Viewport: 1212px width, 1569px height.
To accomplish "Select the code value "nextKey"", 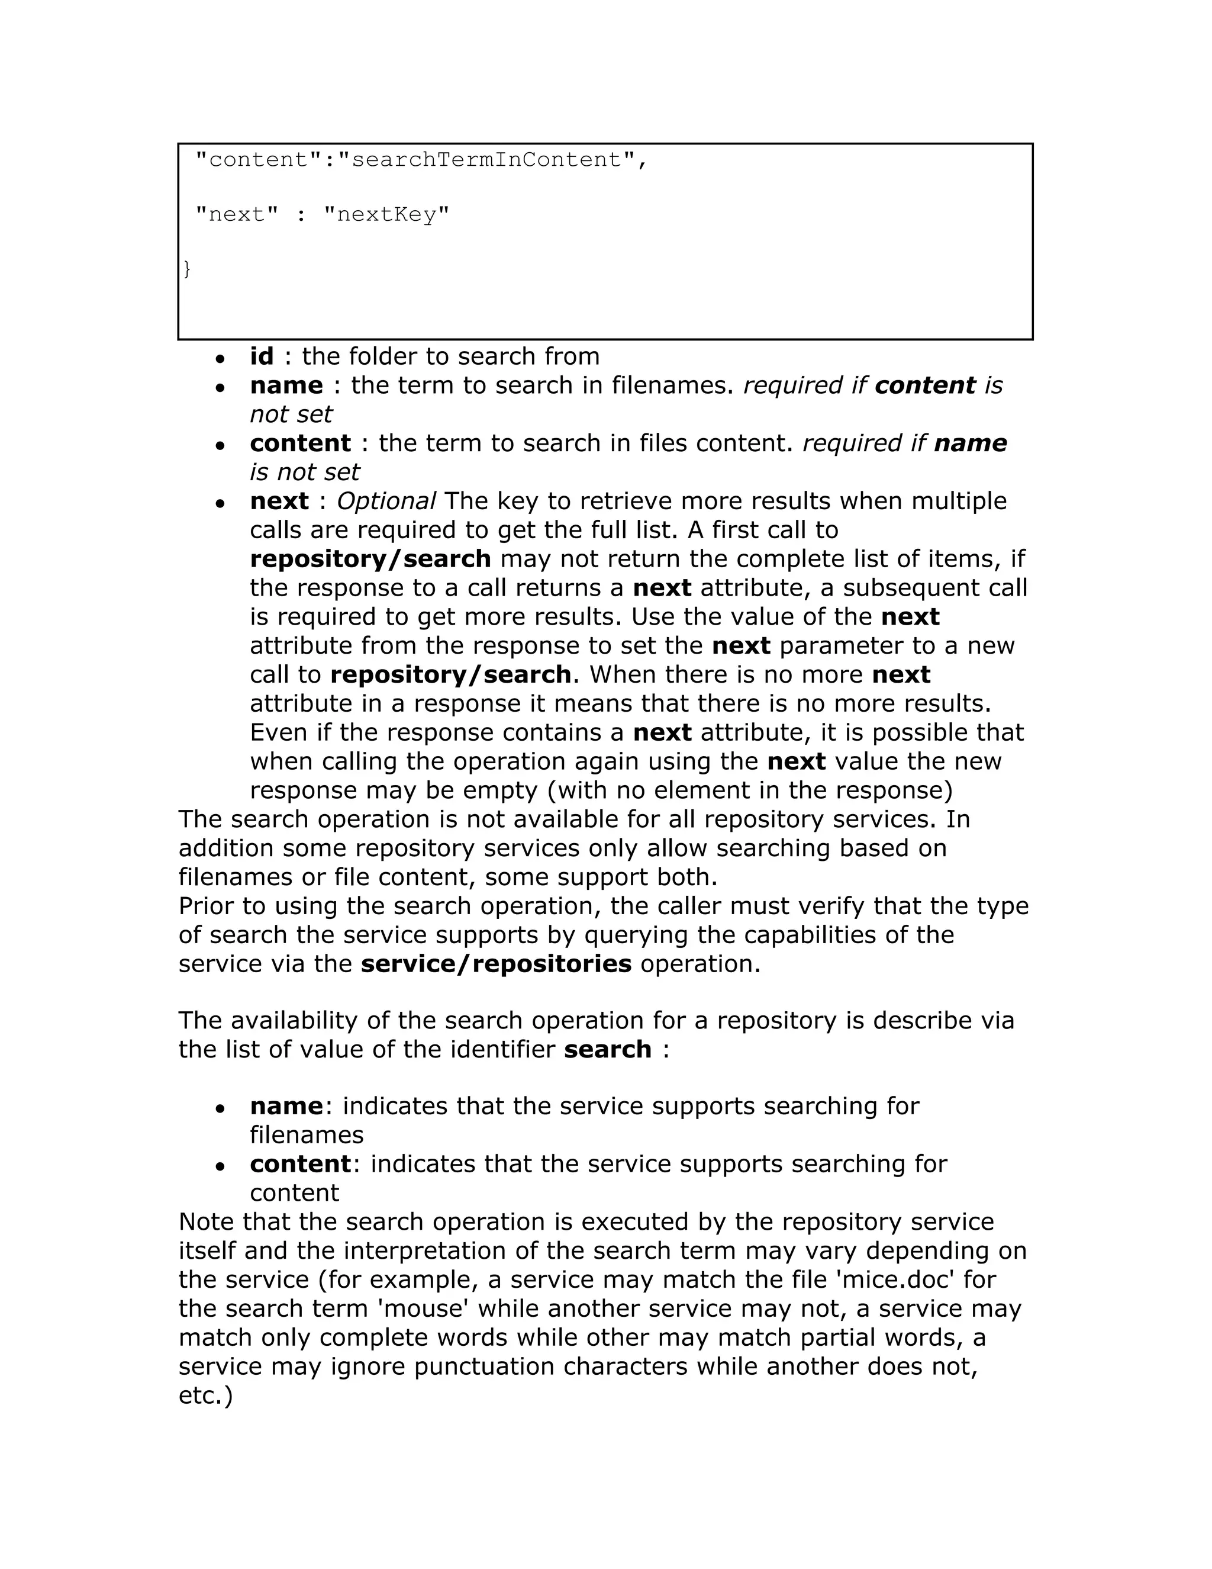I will pyautogui.click(x=386, y=214).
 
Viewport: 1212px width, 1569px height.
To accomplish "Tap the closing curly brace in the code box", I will pyautogui.click(x=186, y=269).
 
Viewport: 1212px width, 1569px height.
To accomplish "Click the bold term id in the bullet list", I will pyautogui.click(x=262, y=356).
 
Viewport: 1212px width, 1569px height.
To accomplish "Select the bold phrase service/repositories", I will pyautogui.click(x=496, y=963).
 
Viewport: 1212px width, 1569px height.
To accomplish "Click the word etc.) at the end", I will pyautogui.click(x=205, y=1395).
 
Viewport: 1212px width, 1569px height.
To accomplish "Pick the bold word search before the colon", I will pyautogui.click(x=607, y=1049).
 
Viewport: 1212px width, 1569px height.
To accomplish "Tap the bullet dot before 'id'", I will pyautogui.click(x=220, y=358).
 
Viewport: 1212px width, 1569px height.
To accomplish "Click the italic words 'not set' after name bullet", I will pyautogui.click(x=291, y=414).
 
